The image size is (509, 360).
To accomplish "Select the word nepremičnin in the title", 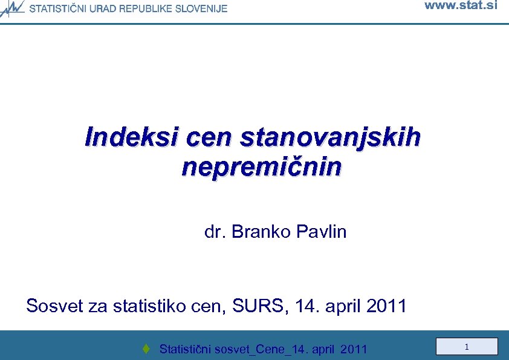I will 261,166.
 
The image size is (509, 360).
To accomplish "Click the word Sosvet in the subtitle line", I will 55,306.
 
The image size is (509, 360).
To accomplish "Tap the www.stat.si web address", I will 461,6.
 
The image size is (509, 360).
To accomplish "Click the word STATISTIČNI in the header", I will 58,8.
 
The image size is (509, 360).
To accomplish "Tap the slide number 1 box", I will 467,347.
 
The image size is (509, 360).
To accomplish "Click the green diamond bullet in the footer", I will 146,349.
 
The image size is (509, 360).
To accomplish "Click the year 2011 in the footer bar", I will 354,349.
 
